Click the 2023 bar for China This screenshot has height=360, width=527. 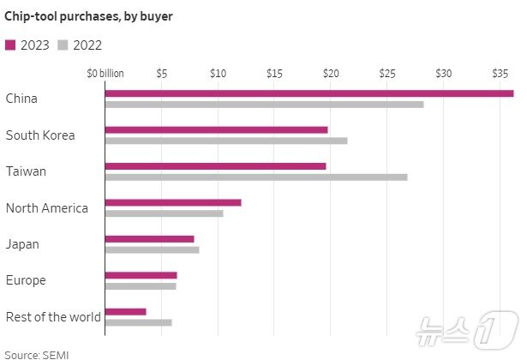coord(308,93)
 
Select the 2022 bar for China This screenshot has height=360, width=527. coord(264,105)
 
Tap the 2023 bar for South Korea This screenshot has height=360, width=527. coord(216,129)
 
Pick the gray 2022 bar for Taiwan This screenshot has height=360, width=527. coord(255,177)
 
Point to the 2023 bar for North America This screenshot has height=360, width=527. coord(173,202)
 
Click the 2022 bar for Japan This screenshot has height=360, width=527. coord(152,249)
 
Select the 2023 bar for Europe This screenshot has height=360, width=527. coord(141,275)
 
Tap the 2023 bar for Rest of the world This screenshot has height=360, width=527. coord(125,311)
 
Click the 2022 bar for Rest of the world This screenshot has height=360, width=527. coord(138,322)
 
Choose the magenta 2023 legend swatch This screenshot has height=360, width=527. coord(10,45)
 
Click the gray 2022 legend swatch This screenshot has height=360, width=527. coord(63,45)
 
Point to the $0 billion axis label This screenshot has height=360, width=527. coord(105,74)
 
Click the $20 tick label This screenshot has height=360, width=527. coord(330,74)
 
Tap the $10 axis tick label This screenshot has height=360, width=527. coord(218,74)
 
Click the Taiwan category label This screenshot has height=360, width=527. coord(26,171)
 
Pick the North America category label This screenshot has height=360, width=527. coord(46,207)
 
